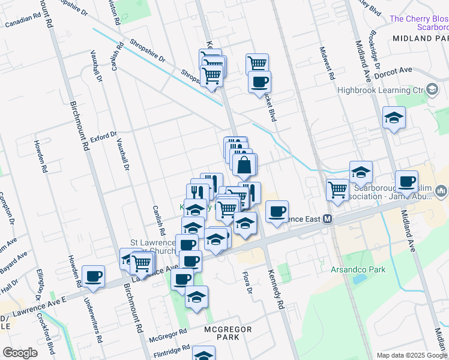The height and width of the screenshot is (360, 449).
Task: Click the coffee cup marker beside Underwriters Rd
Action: pyautogui.click(x=93, y=276)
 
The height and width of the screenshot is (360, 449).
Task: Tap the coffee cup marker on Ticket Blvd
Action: pyautogui.click(x=259, y=82)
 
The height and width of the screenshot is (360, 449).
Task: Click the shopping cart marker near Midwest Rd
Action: pyautogui.click(x=338, y=190)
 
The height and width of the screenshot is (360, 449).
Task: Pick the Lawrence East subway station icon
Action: pyautogui.click(x=328, y=219)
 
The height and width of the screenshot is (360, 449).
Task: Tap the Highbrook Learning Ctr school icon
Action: pyautogui.click(x=432, y=90)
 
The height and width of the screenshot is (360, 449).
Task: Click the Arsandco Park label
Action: pyautogui.click(x=358, y=269)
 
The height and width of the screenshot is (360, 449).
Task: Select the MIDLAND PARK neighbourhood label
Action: pyautogui.click(x=420, y=38)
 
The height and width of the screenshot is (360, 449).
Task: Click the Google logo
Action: pyautogui.click(x=20, y=353)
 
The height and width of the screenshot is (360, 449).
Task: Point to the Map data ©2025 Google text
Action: pyautogui.click(x=412, y=355)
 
